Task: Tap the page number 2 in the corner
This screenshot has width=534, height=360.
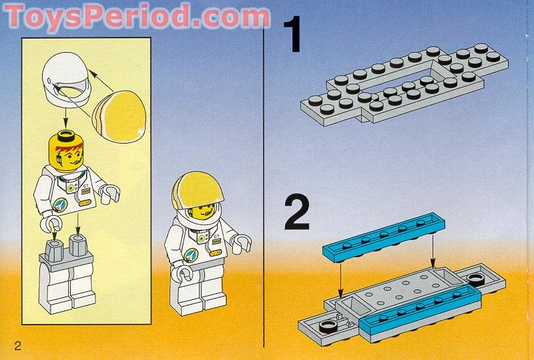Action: (17, 344)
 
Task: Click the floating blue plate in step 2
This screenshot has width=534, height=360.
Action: (383, 238)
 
